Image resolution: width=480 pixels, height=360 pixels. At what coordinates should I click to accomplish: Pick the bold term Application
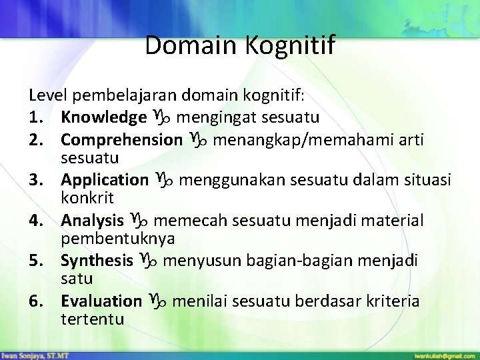point(104,179)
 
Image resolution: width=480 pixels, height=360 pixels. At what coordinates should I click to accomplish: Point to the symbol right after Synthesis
point(147,259)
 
